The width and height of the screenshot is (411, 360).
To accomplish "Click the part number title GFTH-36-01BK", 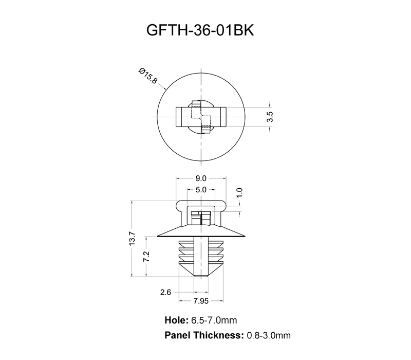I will [x=201, y=30].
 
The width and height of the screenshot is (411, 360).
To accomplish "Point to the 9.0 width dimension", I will [x=200, y=178].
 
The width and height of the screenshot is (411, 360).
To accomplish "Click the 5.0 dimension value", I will [x=200, y=190].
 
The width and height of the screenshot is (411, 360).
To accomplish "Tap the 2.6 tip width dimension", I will [x=165, y=292].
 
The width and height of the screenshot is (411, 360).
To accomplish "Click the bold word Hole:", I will [x=176, y=320].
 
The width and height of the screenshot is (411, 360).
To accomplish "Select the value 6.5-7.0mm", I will [x=214, y=320].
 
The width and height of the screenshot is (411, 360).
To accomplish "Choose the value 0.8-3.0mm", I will [x=269, y=335].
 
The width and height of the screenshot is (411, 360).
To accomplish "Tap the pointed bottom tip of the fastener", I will [x=201, y=277].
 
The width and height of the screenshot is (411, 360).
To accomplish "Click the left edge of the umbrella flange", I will [x=158, y=235].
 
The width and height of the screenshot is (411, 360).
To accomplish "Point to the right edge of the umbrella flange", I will [x=244, y=235].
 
